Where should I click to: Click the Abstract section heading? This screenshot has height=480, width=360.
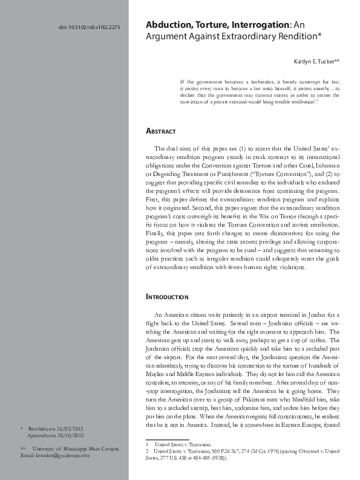[161, 131]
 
